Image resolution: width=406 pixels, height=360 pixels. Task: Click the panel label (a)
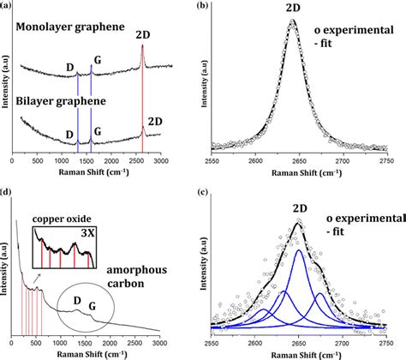tap(7, 6)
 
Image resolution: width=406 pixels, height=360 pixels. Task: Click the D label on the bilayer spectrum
tap(69, 134)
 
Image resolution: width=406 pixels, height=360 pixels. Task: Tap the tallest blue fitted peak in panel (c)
tap(298, 251)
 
